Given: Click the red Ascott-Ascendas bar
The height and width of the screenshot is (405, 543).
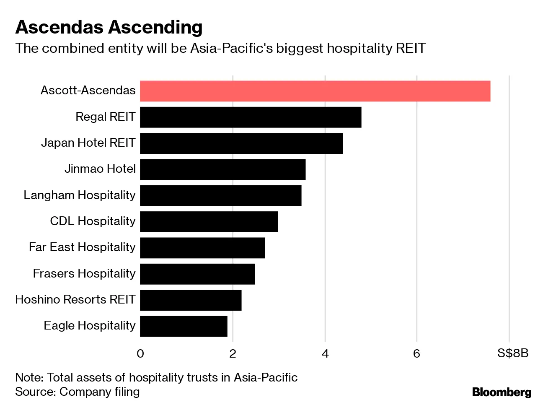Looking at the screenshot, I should tap(315, 91).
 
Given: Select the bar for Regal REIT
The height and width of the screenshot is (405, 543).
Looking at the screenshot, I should tap(251, 117).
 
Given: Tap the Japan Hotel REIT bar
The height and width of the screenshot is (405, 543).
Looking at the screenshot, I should tap(241, 143).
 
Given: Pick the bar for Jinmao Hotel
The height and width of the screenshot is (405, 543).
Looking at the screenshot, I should tap(222, 169).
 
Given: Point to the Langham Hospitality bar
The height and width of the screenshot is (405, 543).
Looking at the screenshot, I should tap(220, 195).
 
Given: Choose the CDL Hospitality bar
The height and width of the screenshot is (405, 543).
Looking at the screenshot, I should tap(209, 221).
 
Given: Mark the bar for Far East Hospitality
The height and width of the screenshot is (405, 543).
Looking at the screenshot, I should tap(202, 248).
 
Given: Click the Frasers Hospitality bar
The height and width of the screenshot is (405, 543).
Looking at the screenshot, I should tap(197, 274).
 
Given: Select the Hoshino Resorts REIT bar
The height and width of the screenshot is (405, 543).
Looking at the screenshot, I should tap(191, 300).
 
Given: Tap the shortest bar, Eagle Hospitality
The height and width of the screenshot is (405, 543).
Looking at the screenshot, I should tap(184, 326).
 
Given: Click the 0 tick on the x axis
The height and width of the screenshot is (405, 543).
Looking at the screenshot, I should tap(140, 354).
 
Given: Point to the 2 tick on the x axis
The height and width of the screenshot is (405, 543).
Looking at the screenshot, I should tap(233, 354).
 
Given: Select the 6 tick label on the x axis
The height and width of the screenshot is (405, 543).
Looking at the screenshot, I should tap(416, 354).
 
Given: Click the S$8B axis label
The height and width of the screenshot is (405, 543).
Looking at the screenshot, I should tap(513, 354).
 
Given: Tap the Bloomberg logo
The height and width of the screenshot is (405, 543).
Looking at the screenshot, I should tap(502, 392).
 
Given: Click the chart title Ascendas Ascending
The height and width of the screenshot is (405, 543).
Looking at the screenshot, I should tap(109, 27).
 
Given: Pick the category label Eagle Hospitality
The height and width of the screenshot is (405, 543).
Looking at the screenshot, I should tap(90, 326).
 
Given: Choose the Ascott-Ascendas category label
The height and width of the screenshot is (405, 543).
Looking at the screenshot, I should tap(88, 91).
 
